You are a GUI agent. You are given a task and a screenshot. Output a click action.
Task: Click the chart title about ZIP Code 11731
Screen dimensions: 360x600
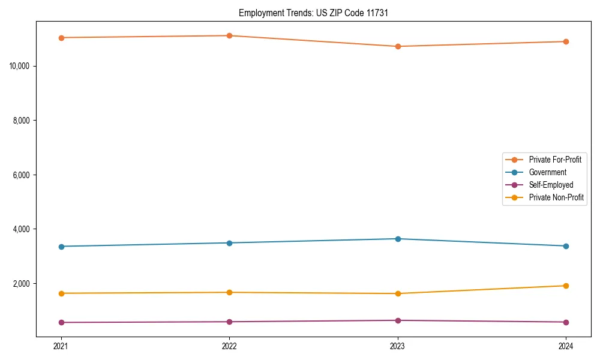313,13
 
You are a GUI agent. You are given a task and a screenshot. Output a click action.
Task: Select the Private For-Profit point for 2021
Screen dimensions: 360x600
61,38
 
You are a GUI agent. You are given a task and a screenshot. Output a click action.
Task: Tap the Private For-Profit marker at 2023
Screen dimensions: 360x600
398,46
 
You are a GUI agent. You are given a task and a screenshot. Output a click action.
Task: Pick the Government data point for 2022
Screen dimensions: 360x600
229,243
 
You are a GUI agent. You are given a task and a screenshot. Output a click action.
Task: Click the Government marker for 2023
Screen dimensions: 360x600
398,239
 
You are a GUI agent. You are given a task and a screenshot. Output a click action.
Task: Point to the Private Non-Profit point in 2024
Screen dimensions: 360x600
566,286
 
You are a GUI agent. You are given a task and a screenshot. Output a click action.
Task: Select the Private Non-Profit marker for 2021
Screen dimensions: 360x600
61,293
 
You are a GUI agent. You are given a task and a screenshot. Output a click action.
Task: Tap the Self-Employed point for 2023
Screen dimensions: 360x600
398,320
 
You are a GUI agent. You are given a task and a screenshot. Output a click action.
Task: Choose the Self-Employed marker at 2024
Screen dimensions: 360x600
566,322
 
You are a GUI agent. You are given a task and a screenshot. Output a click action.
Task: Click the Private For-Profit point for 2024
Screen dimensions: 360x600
566,41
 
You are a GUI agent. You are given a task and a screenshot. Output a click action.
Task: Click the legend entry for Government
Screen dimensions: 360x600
547,172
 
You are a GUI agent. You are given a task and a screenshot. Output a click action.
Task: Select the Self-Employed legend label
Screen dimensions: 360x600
551,185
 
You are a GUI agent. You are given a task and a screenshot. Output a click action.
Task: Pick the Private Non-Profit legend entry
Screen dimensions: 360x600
556,197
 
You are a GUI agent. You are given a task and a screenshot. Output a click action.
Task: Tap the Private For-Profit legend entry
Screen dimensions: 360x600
554,160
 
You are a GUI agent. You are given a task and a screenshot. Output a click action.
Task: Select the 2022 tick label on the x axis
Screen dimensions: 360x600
229,346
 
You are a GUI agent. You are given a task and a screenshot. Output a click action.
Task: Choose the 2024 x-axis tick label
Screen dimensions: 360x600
566,346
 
